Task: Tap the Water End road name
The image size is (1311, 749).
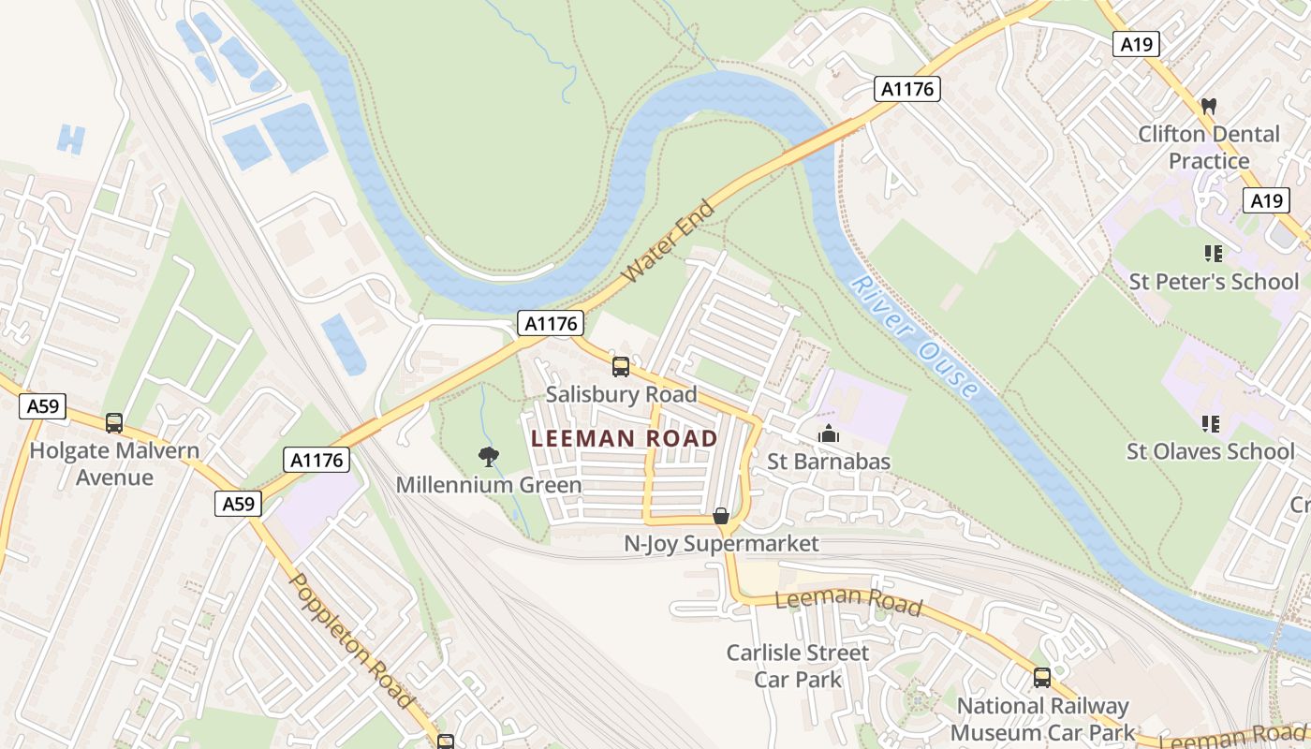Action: pyautogui.click(x=669, y=242)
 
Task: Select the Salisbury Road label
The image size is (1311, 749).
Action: pyautogui.click(x=621, y=394)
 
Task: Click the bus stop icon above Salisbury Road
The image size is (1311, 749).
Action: pyautogui.click(x=621, y=366)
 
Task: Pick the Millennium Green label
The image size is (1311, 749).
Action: pyautogui.click(x=488, y=485)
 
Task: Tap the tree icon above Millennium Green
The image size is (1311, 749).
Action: pyautogui.click(x=488, y=457)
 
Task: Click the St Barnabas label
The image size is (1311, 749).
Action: pyautogui.click(x=828, y=462)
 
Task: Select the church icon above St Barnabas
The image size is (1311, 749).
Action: pyautogui.click(x=828, y=433)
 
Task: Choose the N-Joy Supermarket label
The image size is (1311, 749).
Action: pyautogui.click(x=721, y=543)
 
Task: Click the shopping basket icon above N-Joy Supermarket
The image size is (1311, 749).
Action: pyautogui.click(x=721, y=516)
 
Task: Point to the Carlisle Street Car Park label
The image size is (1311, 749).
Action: pyautogui.click(x=798, y=666)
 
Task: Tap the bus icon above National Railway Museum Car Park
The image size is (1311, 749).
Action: pyautogui.click(x=1041, y=677)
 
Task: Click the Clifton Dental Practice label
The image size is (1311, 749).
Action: pyautogui.click(x=1208, y=147)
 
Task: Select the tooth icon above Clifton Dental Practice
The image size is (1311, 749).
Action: pyautogui.click(x=1208, y=107)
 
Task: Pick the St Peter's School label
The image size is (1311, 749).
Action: pyautogui.click(x=1214, y=281)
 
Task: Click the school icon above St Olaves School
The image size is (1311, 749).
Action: pyautogui.click(x=1212, y=424)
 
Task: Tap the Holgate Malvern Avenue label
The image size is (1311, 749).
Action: pyautogui.click(x=114, y=463)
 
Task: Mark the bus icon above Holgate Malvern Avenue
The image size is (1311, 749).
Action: pyautogui.click(x=114, y=423)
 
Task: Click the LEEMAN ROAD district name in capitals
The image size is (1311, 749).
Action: pyautogui.click(x=624, y=438)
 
